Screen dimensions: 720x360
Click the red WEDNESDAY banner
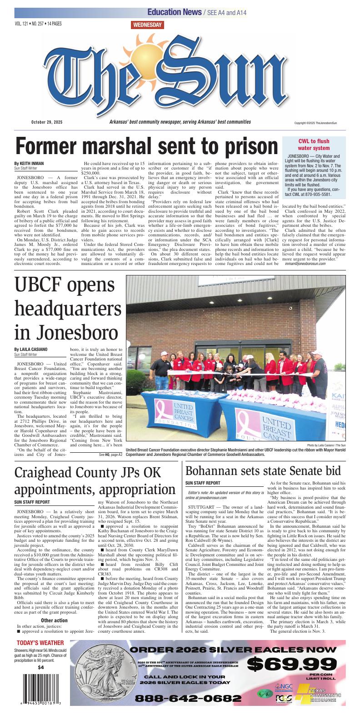(x=147, y=25)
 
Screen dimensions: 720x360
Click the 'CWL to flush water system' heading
(x=314, y=145)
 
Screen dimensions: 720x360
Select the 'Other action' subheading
(x=54, y=620)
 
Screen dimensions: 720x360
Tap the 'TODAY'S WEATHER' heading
(x=40, y=643)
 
